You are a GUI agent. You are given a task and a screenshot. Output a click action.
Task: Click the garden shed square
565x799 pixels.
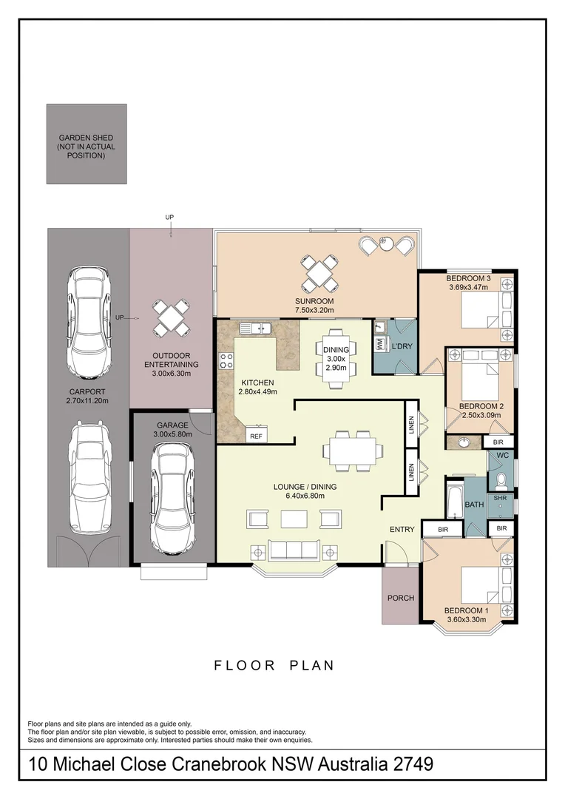[x=87, y=144]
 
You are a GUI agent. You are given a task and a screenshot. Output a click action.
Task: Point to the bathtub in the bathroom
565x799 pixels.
[x=455, y=502]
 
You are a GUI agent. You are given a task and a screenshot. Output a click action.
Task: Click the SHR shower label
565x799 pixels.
[x=500, y=497]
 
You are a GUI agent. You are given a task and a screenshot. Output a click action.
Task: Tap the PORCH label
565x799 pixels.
[x=401, y=598]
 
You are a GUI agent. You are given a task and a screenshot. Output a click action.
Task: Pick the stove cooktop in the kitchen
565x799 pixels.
[x=226, y=361]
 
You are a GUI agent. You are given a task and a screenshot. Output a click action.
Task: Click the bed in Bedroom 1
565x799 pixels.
[x=480, y=585]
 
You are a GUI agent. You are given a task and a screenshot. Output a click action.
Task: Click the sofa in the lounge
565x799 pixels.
[x=294, y=550]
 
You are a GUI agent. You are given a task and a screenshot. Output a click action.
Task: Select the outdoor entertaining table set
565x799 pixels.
[x=172, y=317]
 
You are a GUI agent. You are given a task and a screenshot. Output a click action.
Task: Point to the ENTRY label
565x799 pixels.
[x=402, y=530]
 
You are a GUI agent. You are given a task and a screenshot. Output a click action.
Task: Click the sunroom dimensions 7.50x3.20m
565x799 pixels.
[x=314, y=310]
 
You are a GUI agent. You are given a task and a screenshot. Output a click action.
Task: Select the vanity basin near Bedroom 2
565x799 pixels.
[x=464, y=442]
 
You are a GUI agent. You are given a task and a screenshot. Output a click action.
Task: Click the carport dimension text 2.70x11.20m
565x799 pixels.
[x=87, y=400]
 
